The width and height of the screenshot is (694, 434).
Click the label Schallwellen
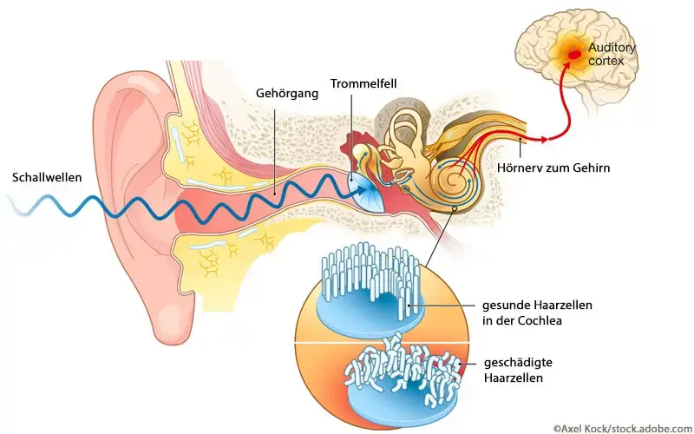(48, 177)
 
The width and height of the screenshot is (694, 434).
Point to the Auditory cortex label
(612, 54)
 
